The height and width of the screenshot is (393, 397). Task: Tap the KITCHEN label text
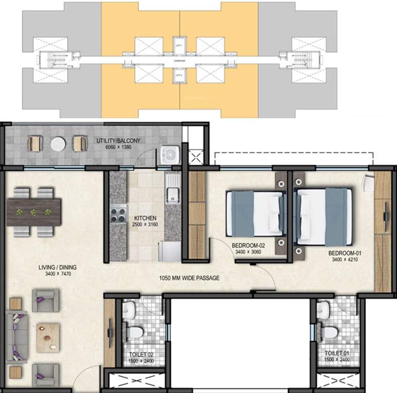(x=145, y=218)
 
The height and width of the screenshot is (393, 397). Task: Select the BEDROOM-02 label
(x=248, y=245)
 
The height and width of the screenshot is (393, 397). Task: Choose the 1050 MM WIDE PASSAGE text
(x=189, y=278)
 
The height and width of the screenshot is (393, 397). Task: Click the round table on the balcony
(x=57, y=144)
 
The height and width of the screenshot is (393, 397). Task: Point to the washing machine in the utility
(x=169, y=153)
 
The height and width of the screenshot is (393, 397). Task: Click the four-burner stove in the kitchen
(x=118, y=213)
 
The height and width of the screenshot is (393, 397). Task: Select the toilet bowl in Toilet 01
(x=330, y=333)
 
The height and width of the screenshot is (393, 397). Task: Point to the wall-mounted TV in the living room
(x=110, y=333)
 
